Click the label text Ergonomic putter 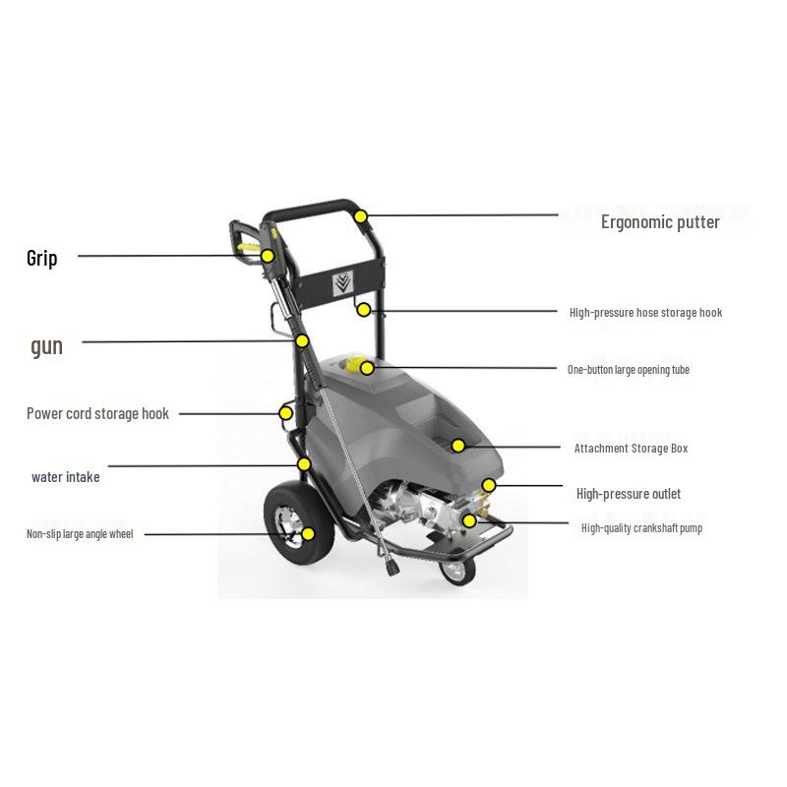[x=660, y=222]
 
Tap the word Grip [x=42, y=258]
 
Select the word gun [x=46, y=345]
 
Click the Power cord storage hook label [x=97, y=414]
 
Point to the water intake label [x=65, y=477]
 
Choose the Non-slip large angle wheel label [x=79, y=534]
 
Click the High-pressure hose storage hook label [x=645, y=313]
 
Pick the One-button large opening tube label [x=628, y=370]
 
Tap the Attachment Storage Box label [x=631, y=449]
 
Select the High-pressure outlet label [x=628, y=494]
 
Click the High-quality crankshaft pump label [x=641, y=528]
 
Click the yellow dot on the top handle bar [x=361, y=216]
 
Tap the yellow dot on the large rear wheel [x=308, y=534]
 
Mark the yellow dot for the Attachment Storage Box [x=458, y=446]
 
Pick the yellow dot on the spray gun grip [x=268, y=257]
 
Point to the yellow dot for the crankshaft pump [x=469, y=520]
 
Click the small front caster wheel [x=455, y=571]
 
